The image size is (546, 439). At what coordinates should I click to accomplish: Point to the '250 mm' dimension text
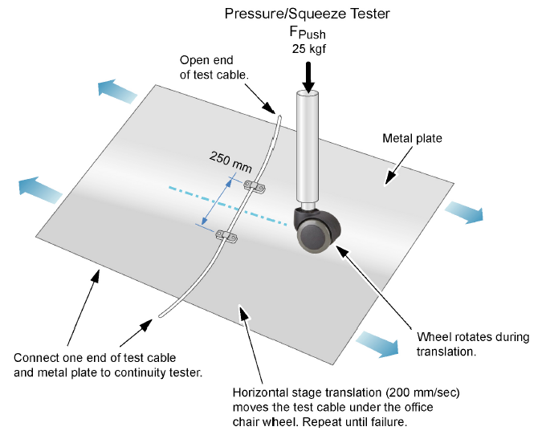[231, 161]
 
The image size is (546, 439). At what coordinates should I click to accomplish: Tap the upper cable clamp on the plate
[255, 186]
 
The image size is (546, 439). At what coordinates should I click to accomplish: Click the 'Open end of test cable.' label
[214, 67]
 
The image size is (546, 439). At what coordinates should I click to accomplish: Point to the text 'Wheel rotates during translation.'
[473, 344]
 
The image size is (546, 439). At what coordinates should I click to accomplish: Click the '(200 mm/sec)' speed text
[419, 393]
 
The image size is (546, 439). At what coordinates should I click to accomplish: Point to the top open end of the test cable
[278, 116]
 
